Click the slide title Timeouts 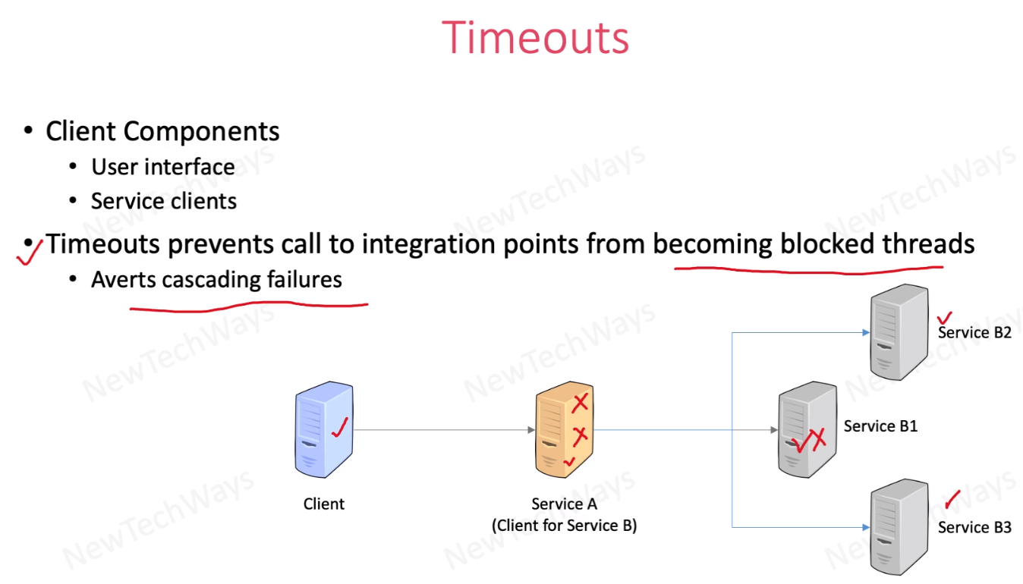[x=535, y=38]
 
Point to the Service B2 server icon [x=899, y=332]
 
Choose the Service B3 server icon [x=899, y=527]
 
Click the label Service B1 [x=880, y=426]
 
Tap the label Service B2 [x=974, y=332]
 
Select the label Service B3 [x=974, y=527]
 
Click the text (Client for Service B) [x=564, y=525]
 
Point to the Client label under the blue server [x=324, y=504]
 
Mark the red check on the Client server [x=339, y=429]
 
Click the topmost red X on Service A [x=580, y=403]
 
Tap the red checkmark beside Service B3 [x=952, y=499]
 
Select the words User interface [x=163, y=167]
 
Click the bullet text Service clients [x=164, y=201]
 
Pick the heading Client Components [x=162, y=131]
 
